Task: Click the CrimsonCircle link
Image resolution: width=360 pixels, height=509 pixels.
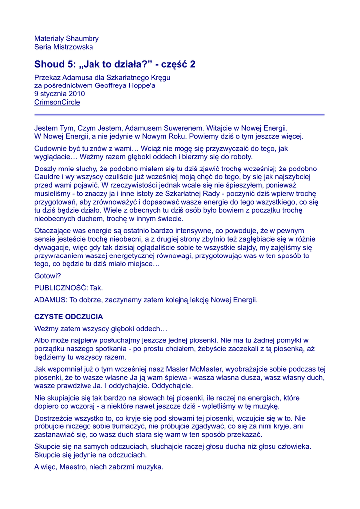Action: (57, 102)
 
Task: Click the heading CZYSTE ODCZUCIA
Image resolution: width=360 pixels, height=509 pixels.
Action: (69, 317)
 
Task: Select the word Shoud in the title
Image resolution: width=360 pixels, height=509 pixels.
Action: (49, 64)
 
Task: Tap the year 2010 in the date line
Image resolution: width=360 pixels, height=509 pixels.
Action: (77, 94)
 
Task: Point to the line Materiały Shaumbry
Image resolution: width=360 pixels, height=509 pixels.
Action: (67, 38)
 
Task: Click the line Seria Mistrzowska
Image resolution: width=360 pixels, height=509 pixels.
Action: (64, 47)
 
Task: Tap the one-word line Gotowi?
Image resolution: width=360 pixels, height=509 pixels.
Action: (48, 276)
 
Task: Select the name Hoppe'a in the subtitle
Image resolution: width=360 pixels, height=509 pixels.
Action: (142, 85)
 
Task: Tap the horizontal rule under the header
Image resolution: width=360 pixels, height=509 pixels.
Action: (180, 115)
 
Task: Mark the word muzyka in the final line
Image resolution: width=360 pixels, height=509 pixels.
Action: (150, 467)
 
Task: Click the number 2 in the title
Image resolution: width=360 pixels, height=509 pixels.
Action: (193, 64)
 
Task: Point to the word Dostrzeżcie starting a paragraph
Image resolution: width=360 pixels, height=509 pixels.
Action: (55, 419)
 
